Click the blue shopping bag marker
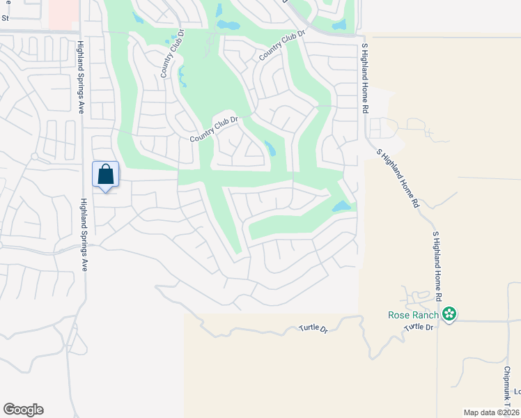105,174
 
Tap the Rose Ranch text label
413,315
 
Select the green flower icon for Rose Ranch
450,315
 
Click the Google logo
23,410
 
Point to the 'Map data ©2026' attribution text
491,412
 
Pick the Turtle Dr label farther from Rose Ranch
313,327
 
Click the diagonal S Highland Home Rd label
398,178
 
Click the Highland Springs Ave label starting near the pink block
81,76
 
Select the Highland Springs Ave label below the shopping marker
83,234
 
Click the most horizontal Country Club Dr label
214,130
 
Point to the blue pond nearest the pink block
138,17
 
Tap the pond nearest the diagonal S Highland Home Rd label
341,206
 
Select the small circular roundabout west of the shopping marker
33,156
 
